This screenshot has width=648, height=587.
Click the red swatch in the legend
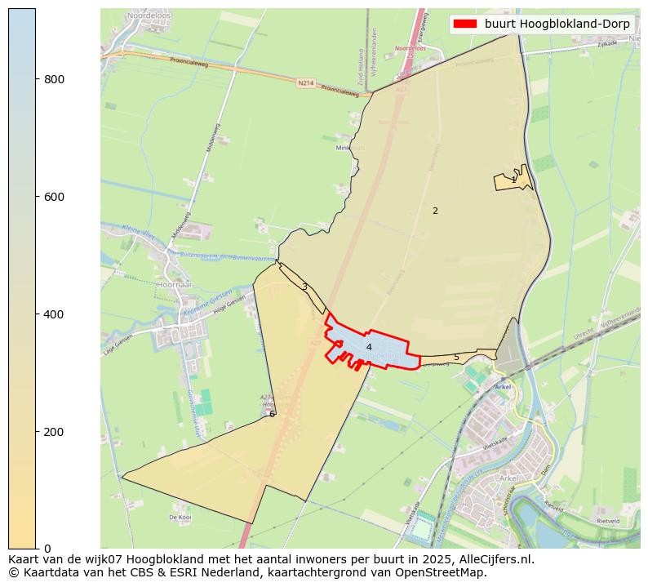point(466,24)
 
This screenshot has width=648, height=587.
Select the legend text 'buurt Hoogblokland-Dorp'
point(557,24)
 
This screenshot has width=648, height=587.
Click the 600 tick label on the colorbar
point(54,197)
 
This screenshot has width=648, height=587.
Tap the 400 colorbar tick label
point(54,314)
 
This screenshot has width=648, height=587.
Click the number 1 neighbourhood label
point(513,180)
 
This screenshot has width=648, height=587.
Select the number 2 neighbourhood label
point(435,211)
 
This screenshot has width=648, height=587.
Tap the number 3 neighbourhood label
point(304,287)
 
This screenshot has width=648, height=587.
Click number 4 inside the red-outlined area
point(369,347)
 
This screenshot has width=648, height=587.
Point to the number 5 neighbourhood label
point(456,357)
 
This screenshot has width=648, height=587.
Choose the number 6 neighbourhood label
point(272,414)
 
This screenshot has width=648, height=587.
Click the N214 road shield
point(305,82)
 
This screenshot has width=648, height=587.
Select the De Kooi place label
point(180,518)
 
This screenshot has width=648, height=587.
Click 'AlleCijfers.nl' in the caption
point(497,559)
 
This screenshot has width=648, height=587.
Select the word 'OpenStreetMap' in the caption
point(448,572)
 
